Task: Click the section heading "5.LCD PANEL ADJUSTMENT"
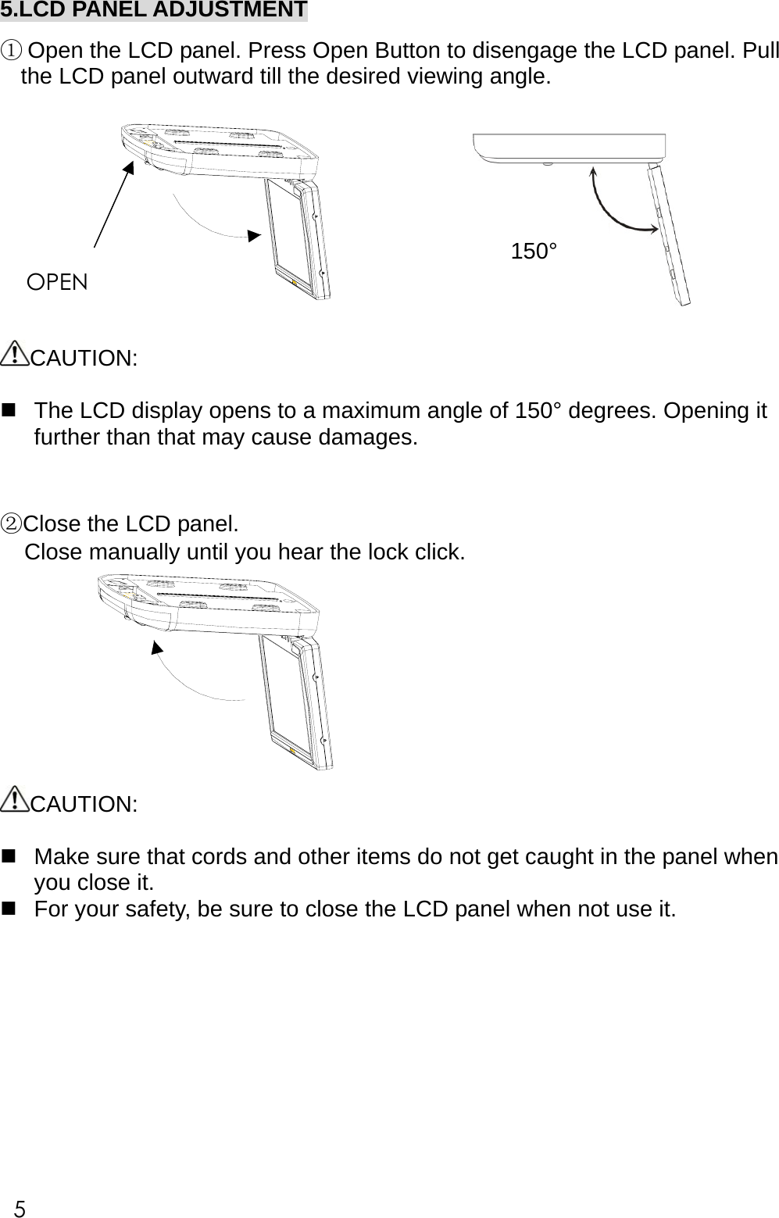[153, 10]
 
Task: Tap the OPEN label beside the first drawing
[57, 282]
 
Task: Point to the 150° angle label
[534, 252]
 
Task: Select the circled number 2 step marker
[11, 523]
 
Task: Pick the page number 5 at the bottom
[20, 1209]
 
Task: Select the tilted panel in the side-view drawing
[669, 235]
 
